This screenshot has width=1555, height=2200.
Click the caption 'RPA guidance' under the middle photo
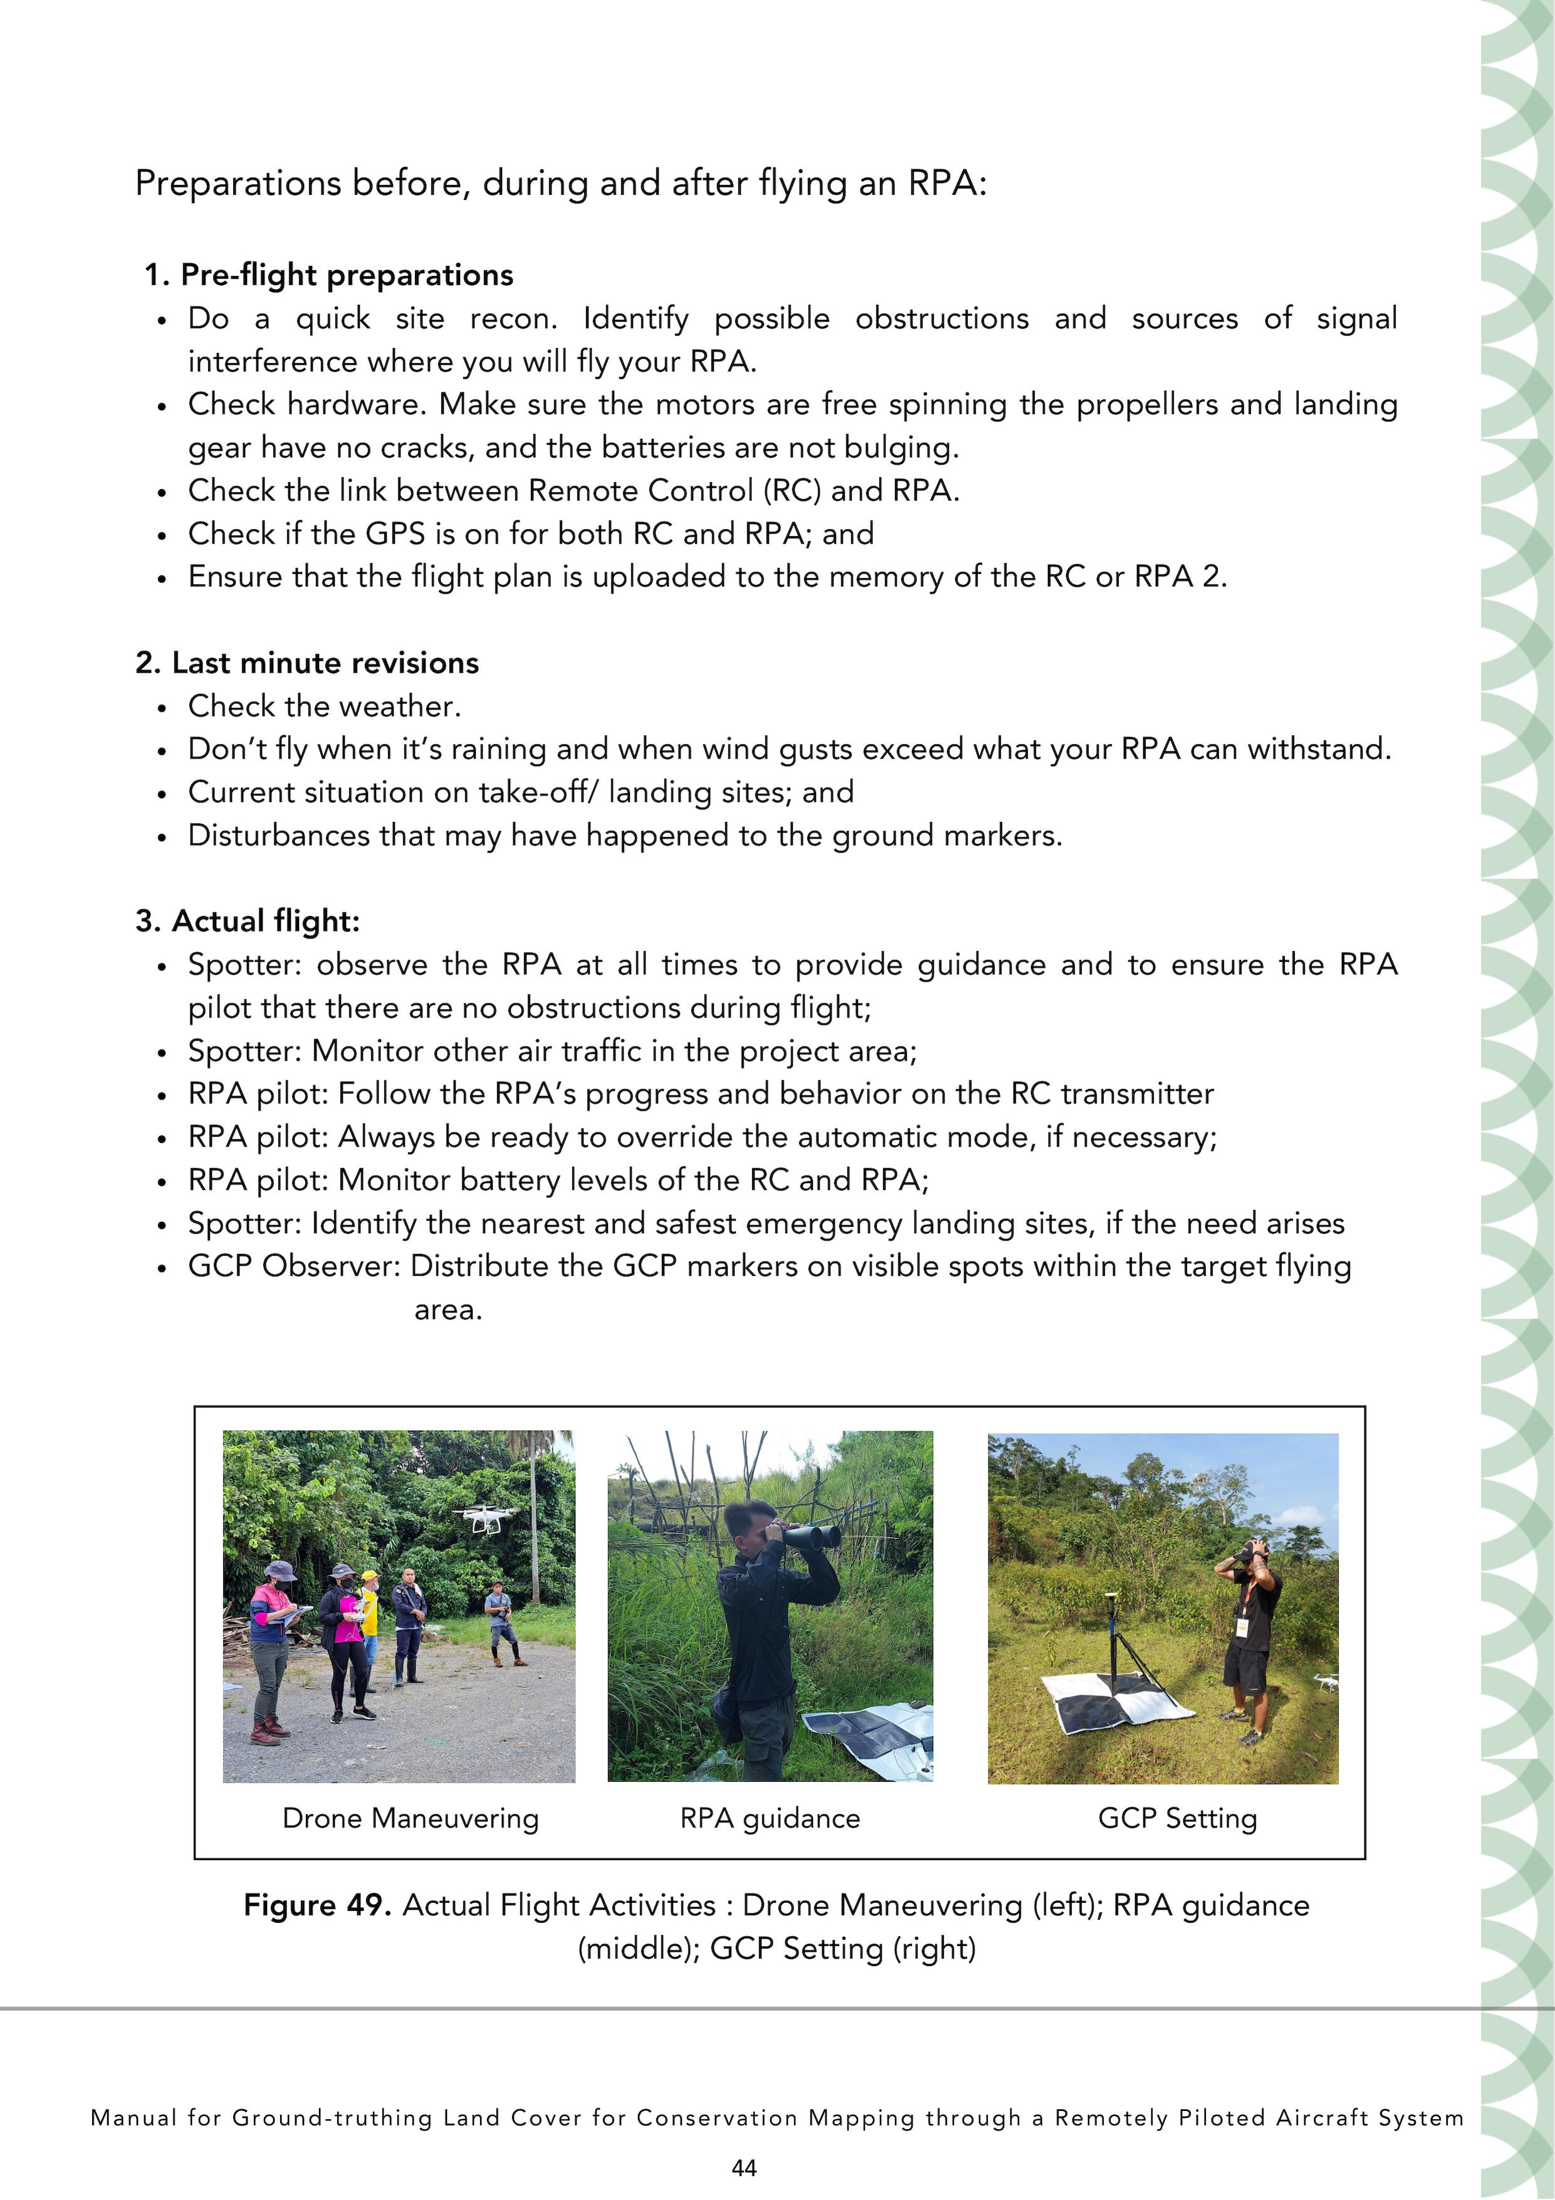click(770, 1818)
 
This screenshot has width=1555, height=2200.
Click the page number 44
click(743, 2167)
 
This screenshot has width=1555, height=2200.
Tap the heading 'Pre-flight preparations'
click(347, 275)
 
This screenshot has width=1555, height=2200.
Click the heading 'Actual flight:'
click(265, 921)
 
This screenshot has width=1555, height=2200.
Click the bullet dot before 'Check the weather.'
click(163, 708)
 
